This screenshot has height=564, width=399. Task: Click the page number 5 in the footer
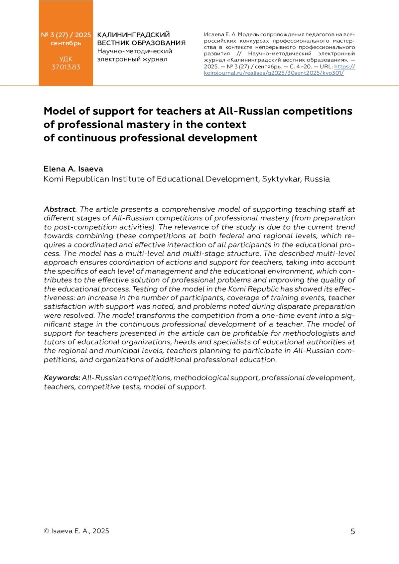click(x=353, y=531)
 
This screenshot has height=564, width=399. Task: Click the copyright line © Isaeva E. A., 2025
click(x=76, y=531)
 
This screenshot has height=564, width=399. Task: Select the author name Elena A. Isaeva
click(x=73, y=169)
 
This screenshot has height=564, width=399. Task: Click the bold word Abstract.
click(x=60, y=209)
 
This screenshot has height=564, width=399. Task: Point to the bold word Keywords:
click(x=62, y=378)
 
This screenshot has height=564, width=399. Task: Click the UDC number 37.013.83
click(x=66, y=67)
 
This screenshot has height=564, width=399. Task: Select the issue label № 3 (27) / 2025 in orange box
click(x=66, y=35)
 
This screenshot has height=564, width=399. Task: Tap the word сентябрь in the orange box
click(x=66, y=43)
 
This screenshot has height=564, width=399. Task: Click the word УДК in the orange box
click(x=66, y=59)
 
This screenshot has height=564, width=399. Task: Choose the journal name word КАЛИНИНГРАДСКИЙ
click(x=133, y=35)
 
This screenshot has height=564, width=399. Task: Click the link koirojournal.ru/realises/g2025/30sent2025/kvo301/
click(x=274, y=73)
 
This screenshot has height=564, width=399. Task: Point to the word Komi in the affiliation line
click(x=53, y=179)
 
